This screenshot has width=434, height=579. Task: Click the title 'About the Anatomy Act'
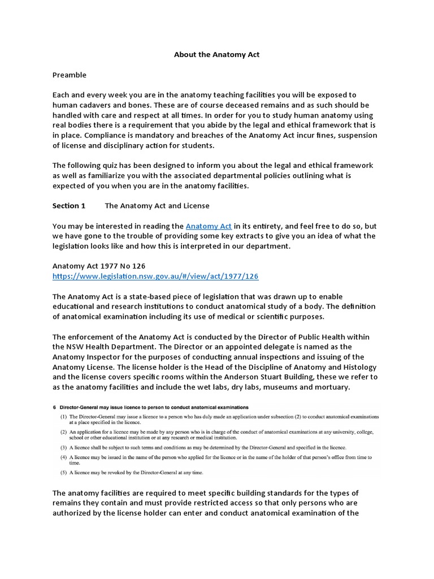pos(216,55)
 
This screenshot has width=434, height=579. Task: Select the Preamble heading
pos(70,75)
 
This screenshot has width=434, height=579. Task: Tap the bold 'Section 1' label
pos(69,206)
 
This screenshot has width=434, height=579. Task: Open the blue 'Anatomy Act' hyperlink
pos(209,226)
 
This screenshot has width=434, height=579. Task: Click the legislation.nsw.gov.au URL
pos(156,276)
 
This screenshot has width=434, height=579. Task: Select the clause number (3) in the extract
pos(64,447)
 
